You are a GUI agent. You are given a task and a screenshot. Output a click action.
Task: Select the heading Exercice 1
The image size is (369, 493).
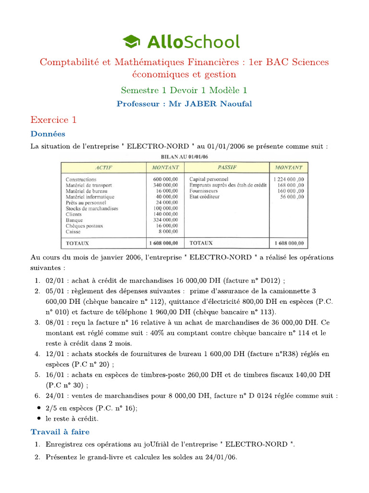(53, 119)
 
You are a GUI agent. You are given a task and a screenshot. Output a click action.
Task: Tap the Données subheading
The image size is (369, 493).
(48, 134)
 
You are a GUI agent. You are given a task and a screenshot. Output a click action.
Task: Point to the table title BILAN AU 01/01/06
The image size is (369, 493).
(184, 156)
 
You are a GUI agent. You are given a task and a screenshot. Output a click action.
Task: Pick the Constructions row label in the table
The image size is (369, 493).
(81, 180)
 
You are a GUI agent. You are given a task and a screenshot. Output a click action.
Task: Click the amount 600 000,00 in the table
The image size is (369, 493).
(165, 180)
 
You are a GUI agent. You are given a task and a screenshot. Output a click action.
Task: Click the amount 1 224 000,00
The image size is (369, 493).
(289, 180)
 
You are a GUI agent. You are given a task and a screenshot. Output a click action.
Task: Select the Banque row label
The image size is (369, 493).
(74, 220)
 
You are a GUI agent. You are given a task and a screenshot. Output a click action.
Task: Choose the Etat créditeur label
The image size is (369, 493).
(204, 197)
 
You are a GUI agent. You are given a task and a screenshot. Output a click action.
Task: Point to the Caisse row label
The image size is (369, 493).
(74, 232)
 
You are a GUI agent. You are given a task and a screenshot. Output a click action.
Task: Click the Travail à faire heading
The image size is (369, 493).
(60, 431)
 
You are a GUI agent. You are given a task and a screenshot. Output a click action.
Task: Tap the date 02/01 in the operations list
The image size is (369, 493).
(54, 281)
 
